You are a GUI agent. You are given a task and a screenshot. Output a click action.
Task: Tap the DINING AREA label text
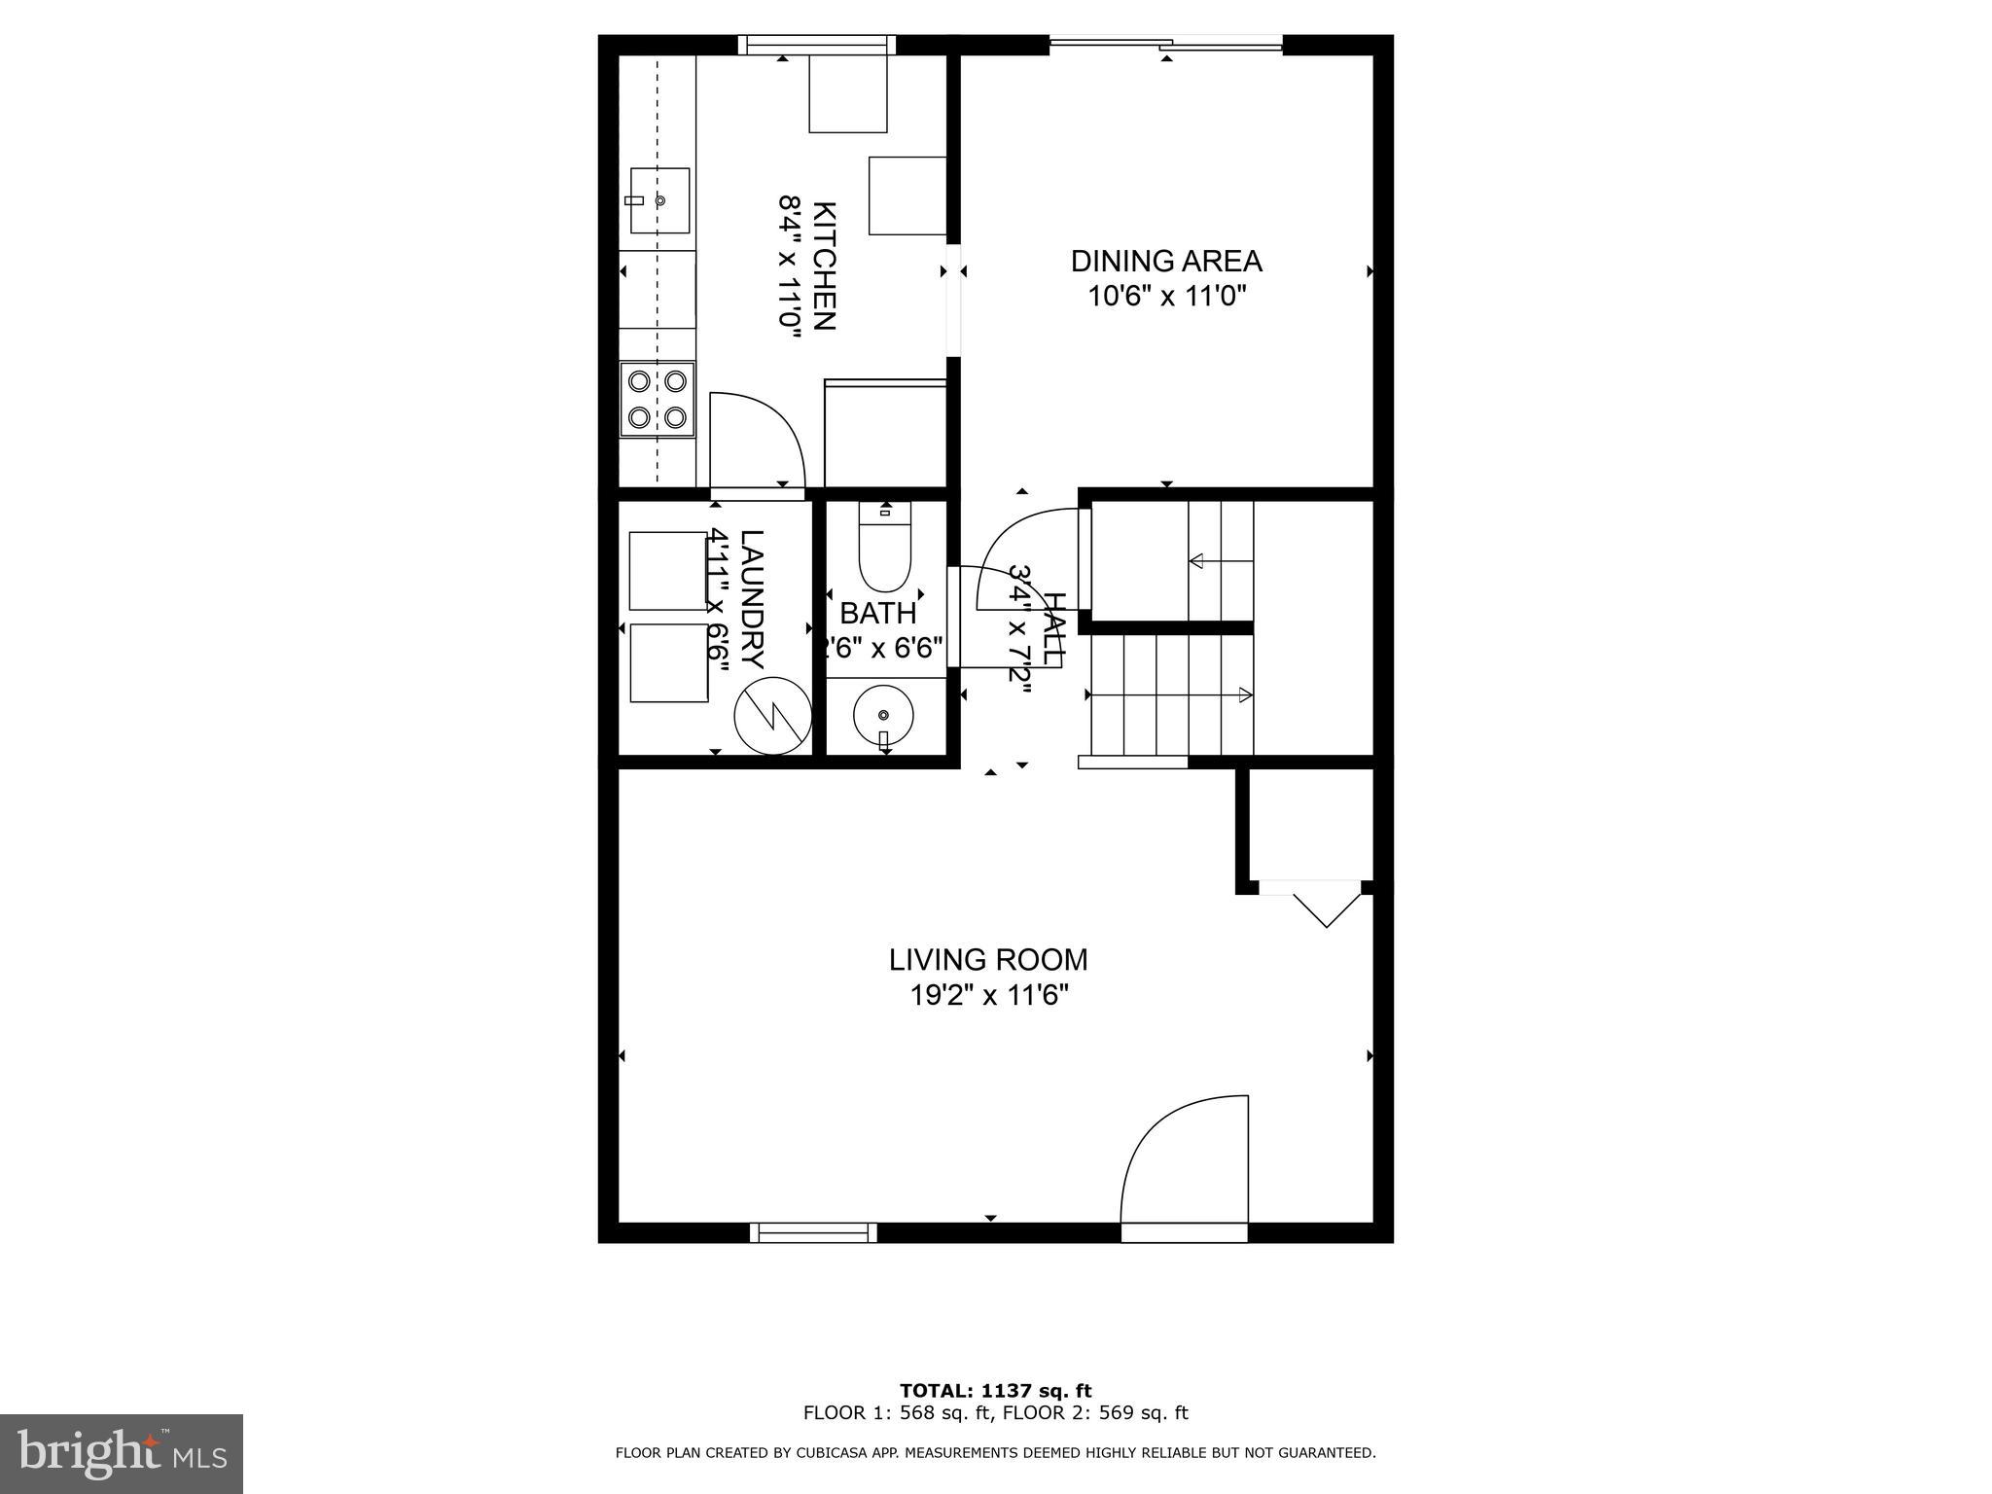pos(1166,261)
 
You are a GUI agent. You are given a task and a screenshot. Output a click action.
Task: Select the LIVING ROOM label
pos(988,960)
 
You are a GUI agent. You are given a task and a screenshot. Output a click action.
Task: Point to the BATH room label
pos(877,614)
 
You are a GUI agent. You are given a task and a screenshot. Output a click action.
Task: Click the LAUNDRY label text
pos(752,599)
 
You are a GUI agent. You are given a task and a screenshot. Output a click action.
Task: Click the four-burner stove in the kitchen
pos(658,399)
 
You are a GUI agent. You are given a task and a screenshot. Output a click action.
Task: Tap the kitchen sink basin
pos(659,200)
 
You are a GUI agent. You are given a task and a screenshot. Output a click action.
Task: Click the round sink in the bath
pos(882,717)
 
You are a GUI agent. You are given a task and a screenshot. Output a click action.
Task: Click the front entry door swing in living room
pos(1185,1167)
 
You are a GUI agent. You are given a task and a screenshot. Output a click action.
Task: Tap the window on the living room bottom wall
pos(813,1232)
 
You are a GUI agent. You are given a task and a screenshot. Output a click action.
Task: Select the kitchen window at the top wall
pos(816,45)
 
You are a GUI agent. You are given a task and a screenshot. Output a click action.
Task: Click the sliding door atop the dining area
pos(1166,43)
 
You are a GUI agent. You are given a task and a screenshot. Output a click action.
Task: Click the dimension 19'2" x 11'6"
pos(988,996)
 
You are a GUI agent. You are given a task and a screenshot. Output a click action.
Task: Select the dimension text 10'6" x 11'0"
pos(1166,296)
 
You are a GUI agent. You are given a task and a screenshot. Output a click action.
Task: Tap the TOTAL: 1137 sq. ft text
pos(995,1391)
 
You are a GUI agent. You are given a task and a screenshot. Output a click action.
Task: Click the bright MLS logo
pos(122,1453)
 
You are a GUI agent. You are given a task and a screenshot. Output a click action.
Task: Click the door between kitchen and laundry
pos(757,443)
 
